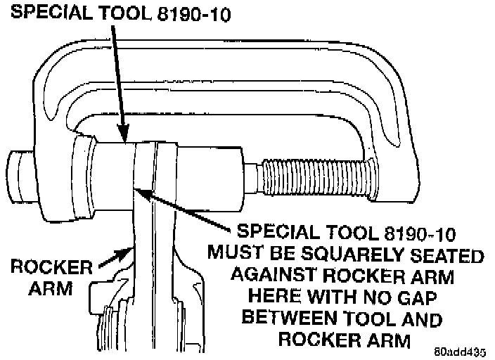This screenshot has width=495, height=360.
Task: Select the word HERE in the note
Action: coord(278,297)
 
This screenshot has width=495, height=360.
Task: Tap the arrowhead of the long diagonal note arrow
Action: coord(140,187)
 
